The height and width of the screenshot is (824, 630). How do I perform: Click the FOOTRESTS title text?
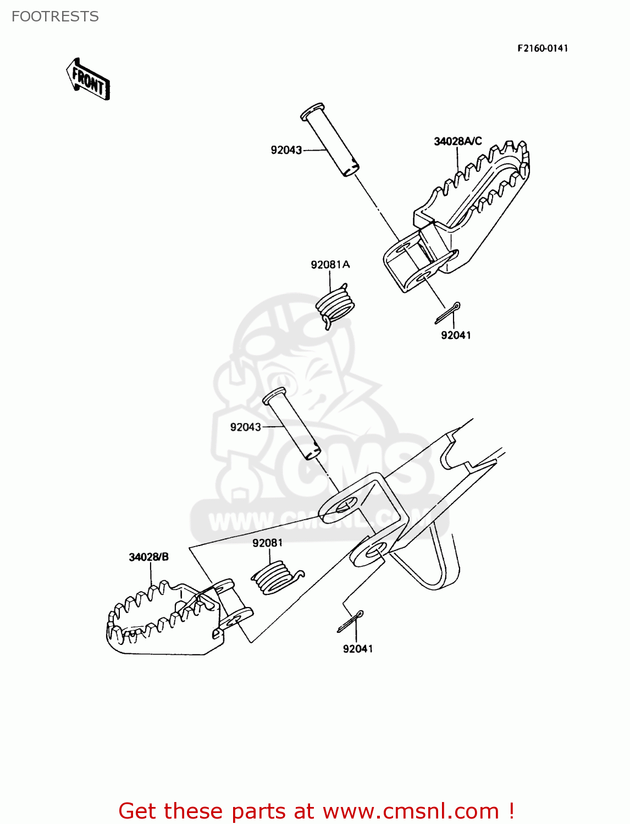(x=55, y=16)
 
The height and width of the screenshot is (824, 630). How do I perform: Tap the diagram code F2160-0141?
(x=542, y=48)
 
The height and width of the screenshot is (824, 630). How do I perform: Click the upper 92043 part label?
(x=286, y=150)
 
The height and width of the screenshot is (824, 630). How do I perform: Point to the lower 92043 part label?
(x=245, y=427)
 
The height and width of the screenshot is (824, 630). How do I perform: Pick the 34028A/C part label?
(x=457, y=141)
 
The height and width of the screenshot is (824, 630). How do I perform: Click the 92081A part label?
(x=330, y=265)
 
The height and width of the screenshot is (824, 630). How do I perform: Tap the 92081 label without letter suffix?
(x=268, y=543)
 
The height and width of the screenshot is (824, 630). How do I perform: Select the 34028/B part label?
(x=148, y=557)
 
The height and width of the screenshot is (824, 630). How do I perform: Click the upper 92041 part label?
(x=456, y=335)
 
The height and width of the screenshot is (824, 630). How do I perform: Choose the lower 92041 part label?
(x=358, y=649)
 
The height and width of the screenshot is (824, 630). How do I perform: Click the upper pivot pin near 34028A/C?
(x=330, y=139)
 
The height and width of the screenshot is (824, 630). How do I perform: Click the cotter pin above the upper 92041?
(x=447, y=313)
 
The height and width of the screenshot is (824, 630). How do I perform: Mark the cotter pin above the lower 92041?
(x=351, y=621)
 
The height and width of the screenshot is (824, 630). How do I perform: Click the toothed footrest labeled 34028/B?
(x=159, y=621)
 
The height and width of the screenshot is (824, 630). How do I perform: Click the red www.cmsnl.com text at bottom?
(x=410, y=811)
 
